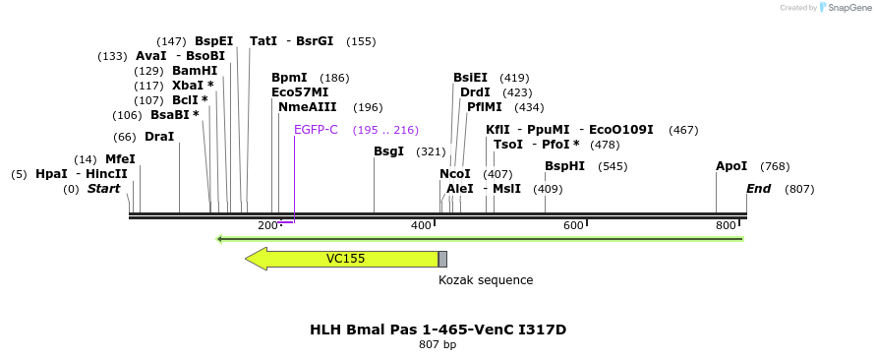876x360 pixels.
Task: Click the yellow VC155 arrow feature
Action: pos(344,259)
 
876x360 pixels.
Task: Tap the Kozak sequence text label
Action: pos(486,280)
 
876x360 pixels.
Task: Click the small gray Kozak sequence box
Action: pos(442,259)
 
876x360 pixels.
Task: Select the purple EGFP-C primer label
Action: pos(316,130)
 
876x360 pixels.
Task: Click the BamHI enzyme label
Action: pos(195,71)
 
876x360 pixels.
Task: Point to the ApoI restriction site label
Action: pos(731,166)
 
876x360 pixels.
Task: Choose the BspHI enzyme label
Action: pos(565,166)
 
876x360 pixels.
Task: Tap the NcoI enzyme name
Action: pos(455,174)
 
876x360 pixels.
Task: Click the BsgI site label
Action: pos(389,151)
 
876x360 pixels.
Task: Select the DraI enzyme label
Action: pos(159,137)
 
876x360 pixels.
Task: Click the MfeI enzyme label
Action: pos(120,159)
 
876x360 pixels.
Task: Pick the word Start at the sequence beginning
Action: pos(103,189)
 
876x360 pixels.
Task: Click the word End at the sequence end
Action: pos(759,189)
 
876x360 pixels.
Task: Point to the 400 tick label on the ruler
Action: pos(421,226)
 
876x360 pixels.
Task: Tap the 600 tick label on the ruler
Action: pos(573,226)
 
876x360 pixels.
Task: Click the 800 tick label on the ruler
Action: pos(727,226)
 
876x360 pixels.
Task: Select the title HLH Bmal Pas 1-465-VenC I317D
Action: pos(438,330)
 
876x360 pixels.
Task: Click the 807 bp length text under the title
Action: pos(438,345)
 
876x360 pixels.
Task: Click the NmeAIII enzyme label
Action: pos(308,107)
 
